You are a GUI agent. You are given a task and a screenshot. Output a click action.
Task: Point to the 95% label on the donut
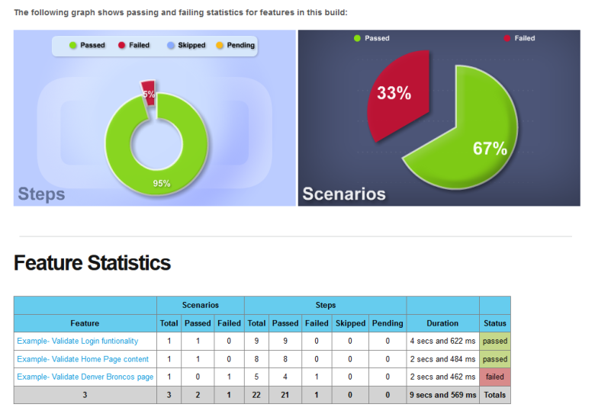tap(161, 183)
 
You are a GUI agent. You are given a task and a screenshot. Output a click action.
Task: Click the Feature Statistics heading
tap(92, 263)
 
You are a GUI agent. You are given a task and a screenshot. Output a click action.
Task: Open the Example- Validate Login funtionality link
tap(78, 341)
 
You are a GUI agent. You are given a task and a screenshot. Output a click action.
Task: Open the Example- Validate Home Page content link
tap(83, 359)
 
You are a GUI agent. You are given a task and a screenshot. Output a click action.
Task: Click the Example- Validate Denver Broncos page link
tap(85, 377)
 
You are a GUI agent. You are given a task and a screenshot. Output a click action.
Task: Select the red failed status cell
tap(495, 377)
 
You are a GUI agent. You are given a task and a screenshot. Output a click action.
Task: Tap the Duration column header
tap(442, 323)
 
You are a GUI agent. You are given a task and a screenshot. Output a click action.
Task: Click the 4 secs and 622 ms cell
tap(442, 341)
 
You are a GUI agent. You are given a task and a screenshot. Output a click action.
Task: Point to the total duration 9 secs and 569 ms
tap(442, 395)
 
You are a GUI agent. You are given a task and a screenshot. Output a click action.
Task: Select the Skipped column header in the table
tap(351, 323)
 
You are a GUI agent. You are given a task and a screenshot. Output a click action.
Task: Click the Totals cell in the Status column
tap(495, 395)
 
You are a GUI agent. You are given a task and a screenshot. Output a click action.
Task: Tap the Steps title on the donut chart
tap(41, 194)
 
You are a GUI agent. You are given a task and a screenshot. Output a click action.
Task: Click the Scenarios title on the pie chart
tap(344, 194)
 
